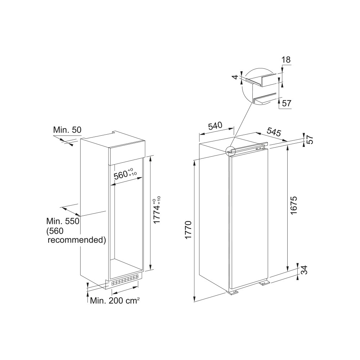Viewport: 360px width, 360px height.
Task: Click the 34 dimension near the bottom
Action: (304, 270)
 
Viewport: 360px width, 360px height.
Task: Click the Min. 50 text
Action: (67, 130)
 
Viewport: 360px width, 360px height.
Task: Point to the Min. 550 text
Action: (63, 221)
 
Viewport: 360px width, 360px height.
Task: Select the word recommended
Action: (77, 239)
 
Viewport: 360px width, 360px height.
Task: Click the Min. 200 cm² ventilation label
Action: (115, 301)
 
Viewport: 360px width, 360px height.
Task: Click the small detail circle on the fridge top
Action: (229, 151)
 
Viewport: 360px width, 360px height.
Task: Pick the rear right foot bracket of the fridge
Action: (264, 283)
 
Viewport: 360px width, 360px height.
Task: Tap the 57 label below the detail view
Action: (287, 104)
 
